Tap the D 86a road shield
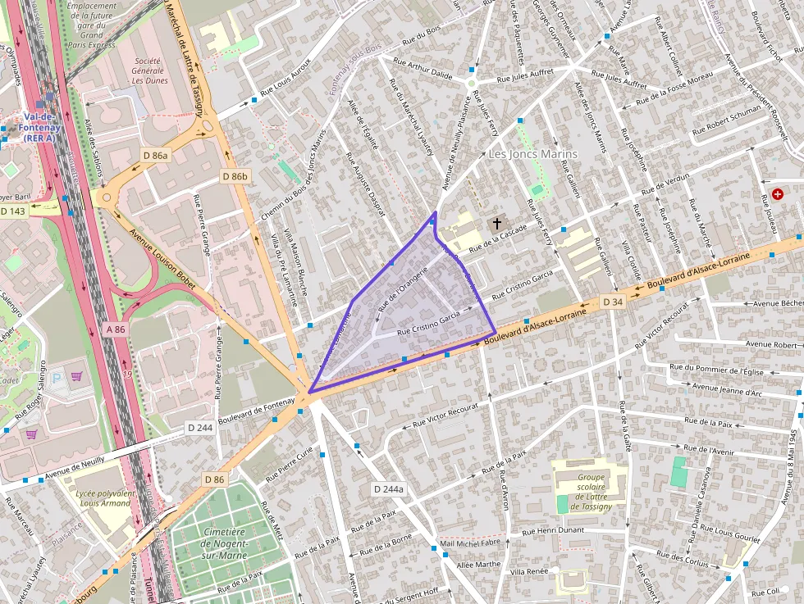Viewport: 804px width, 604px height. click(x=155, y=155)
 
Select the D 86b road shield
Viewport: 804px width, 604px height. click(x=235, y=176)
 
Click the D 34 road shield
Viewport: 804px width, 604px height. click(x=613, y=302)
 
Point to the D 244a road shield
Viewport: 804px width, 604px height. click(x=389, y=489)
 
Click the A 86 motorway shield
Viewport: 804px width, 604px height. click(x=115, y=329)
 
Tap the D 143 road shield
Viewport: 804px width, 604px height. click(x=13, y=211)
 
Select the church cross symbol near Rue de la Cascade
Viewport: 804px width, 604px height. click(x=496, y=223)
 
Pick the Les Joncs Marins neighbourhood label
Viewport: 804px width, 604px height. click(x=533, y=154)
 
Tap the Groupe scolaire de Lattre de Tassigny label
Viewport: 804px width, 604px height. click(x=590, y=492)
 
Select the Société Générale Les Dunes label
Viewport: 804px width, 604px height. click(x=148, y=70)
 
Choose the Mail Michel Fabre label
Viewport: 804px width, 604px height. click(x=470, y=543)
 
